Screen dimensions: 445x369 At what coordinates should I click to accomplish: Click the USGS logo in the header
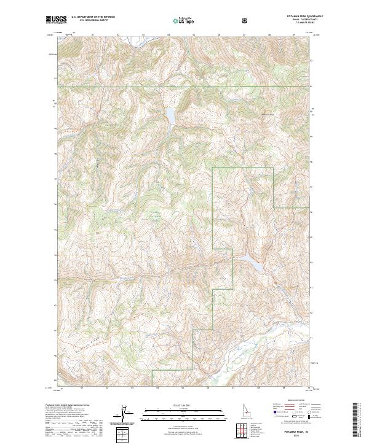pos(56,20)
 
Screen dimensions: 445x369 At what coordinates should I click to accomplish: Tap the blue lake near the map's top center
pos(169,115)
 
